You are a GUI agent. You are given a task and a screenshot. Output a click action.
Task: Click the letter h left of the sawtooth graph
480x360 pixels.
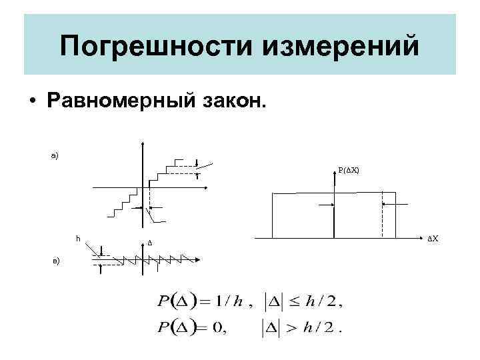[78, 238]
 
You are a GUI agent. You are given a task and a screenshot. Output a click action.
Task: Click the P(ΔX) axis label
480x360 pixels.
[348, 170]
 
